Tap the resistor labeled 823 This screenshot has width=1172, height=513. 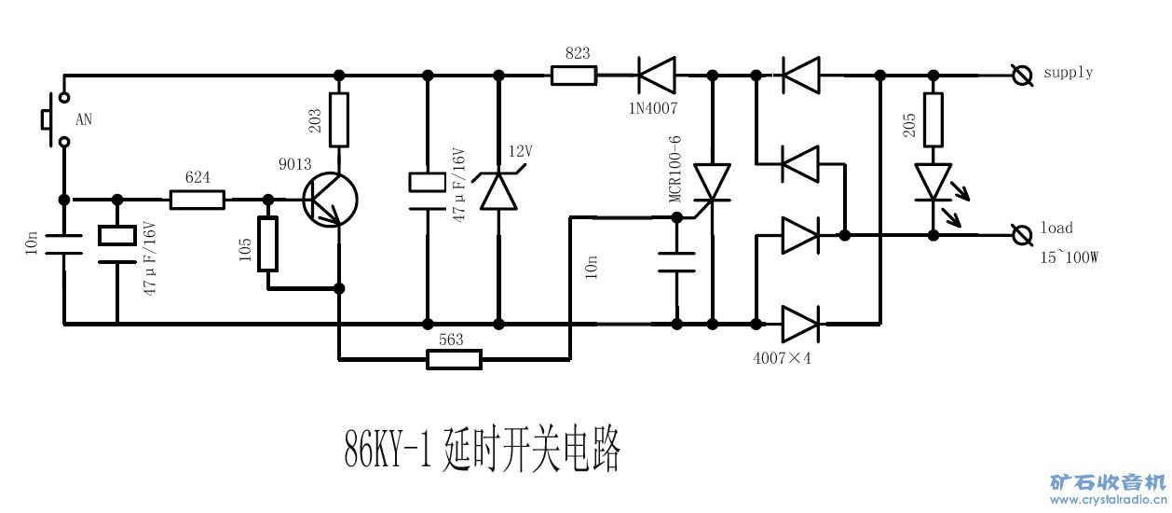tap(573, 75)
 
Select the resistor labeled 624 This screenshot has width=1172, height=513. tap(197, 199)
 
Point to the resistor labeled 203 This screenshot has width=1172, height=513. tap(339, 119)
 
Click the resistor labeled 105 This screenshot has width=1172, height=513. tap(268, 243)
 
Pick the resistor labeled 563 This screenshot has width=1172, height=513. tap(454, 358)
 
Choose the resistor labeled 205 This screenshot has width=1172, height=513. tap(933, 118)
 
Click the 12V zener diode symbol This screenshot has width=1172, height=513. tap(498, 191)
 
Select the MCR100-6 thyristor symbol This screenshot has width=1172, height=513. tap(713, 184)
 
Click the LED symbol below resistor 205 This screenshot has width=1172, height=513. tap(933, 181)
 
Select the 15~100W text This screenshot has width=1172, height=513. tap(1070, 257)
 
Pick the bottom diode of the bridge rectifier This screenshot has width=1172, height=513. tap(799, 325)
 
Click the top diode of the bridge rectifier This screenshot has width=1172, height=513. tap(799, 75)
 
